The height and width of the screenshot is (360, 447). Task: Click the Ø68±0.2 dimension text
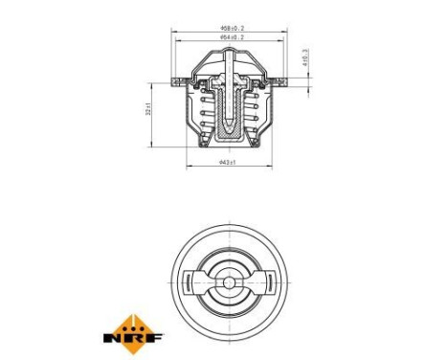point(231,29)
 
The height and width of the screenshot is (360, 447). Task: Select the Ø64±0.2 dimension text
point(231,39)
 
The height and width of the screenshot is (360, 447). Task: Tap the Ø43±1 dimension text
point(228,164)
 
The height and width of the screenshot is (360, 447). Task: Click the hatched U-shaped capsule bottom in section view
point(229,133)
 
